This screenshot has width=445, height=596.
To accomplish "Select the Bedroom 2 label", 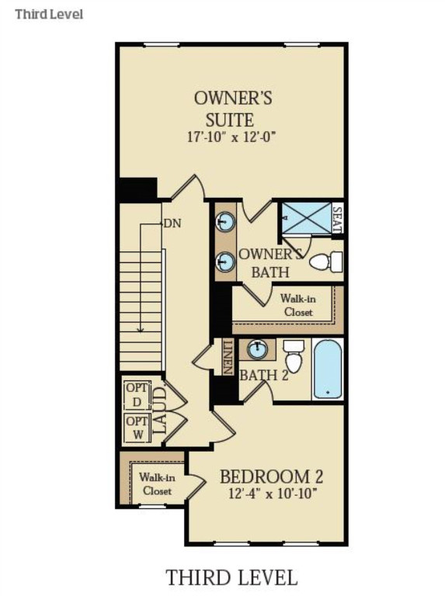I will [271, 476].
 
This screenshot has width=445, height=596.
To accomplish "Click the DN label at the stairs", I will [172, 223].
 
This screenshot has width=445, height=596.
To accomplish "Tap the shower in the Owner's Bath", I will [304, 218].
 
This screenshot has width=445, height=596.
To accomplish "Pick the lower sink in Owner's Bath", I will [225, 262].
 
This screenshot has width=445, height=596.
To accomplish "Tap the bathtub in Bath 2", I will [327, 369].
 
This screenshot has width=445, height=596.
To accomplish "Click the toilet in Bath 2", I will [294, 357].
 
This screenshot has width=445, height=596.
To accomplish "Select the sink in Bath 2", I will [257, 350].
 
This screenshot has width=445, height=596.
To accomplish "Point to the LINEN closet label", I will [228, 357].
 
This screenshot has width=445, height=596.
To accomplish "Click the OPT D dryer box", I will [134, 395].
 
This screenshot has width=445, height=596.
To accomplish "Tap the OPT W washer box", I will [134, 428].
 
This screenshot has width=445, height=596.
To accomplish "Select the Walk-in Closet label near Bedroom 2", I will [156, 484].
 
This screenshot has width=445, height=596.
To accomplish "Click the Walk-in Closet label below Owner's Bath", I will [297, 305].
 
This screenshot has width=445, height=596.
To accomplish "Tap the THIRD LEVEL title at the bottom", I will [231, 577].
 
